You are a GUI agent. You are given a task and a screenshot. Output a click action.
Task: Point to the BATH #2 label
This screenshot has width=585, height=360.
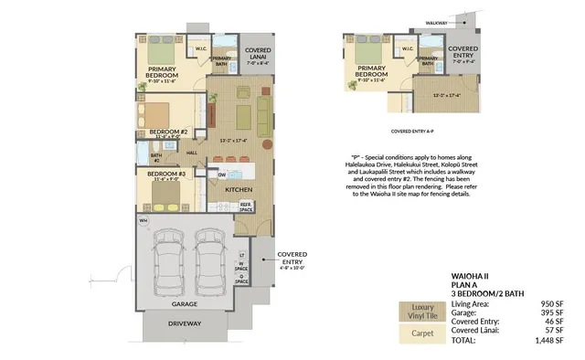tap(155, 157)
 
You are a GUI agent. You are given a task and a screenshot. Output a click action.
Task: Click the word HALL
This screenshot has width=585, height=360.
tap(192, 153)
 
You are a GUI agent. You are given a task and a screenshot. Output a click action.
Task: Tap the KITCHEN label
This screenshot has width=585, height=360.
tap(239, 190)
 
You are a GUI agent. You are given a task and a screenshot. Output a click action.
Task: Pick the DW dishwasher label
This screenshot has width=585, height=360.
tap(222, 174)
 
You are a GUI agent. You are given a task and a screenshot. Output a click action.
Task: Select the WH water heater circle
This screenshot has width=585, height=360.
tap(143, 221)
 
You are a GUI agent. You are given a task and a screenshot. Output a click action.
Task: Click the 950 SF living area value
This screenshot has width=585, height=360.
tap(554, 302)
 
